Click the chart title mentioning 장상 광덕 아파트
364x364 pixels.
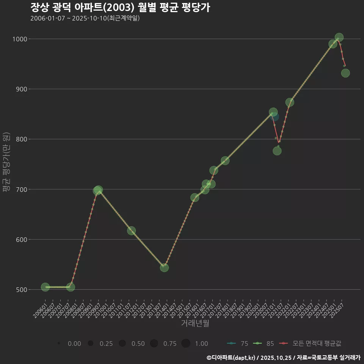(120, 8)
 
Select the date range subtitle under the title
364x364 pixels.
(85, 18)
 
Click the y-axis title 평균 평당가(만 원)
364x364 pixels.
(6, 163)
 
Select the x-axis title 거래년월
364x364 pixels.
(195, 323)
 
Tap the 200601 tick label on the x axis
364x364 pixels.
(40, 309)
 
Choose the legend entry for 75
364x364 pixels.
(238, 344)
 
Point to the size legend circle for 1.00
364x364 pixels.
(185, 344)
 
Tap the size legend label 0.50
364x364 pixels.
(138, 344)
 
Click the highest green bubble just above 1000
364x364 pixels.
(339, 37)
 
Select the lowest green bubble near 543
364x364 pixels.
(164, 268)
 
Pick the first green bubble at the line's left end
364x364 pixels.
(45, 287)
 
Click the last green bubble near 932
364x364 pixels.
(345, 73)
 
